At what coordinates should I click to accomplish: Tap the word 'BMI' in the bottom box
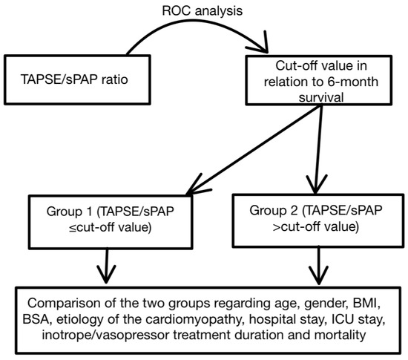[x=367, y=305]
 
